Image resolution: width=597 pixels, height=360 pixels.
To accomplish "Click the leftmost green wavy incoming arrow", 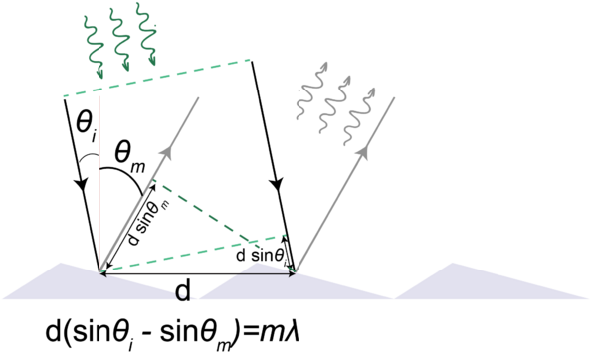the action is click(95, 47).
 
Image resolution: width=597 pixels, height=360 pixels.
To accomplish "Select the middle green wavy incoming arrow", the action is click(120, 40).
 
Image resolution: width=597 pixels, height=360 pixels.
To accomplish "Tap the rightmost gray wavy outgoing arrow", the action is click(359, 116).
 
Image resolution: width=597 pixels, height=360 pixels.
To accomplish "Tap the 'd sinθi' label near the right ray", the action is click(261, 256).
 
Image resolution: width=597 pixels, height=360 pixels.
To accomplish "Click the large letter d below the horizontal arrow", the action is click(183, 292).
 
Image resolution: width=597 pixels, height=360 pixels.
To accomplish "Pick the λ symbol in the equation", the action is click(291, 332).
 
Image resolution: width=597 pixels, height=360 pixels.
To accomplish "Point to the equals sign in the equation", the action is click(249, 334).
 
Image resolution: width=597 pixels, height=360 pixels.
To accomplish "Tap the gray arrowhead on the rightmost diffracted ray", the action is click(364, 152).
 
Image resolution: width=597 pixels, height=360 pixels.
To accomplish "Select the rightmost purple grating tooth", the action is click(491, 280).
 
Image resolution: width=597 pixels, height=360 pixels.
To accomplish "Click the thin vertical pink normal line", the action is click(99, 183).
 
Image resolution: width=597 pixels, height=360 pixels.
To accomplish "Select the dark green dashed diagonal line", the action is click(202, 210).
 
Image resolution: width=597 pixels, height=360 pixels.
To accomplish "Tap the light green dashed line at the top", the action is click(156, 78).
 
